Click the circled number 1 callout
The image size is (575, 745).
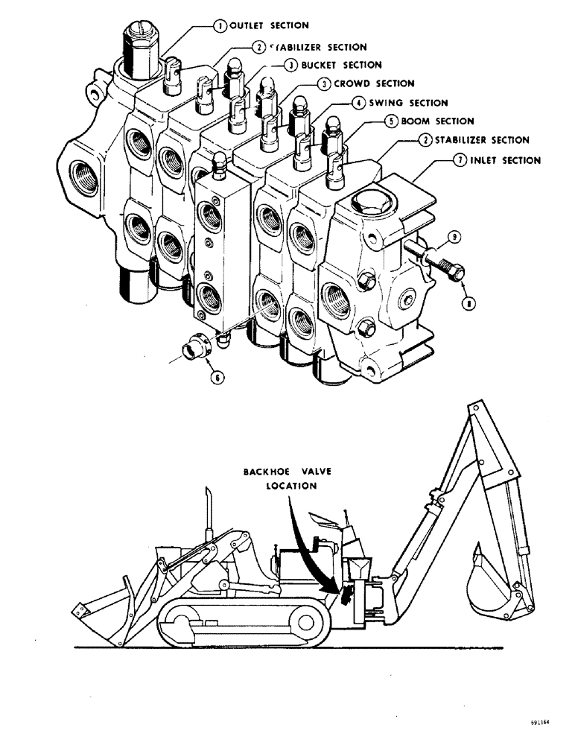[x=220, y=25]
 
